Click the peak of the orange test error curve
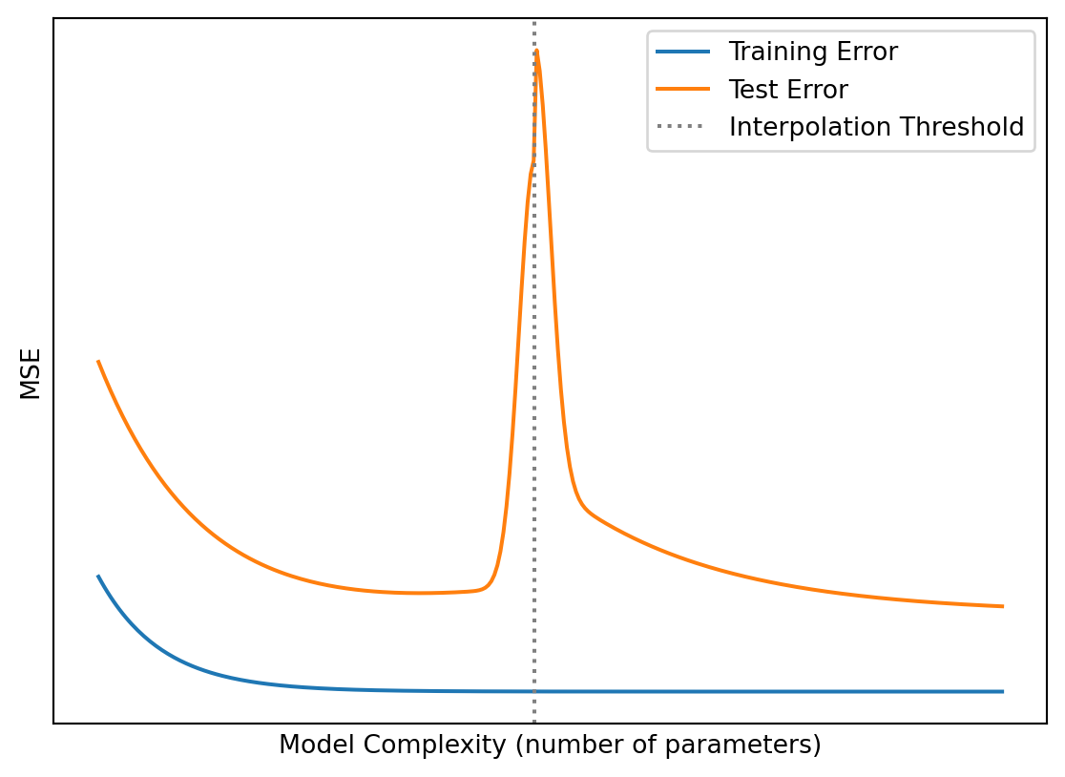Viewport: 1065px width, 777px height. point(537,51)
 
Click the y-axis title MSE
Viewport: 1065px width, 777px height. point(31,373)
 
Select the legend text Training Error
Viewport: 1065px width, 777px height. point(813,52)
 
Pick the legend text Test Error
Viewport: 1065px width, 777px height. point(788,90)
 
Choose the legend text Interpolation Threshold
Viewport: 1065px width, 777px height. point(876,127)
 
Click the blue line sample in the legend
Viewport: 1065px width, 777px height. point(683,52)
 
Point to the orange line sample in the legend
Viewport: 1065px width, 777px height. point(683,90)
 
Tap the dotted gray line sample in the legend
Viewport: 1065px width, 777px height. point(683,127)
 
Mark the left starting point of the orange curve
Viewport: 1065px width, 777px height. point(98,362)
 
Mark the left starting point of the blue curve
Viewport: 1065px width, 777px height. point(98,577)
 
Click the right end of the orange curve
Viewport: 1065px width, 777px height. point(1002,606)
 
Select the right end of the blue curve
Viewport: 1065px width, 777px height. point(1002,691)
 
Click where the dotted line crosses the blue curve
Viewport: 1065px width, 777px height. point(534,691)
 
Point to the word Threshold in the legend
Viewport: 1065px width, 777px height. point(966,127)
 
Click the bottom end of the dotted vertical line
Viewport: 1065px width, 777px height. point(534,722)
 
